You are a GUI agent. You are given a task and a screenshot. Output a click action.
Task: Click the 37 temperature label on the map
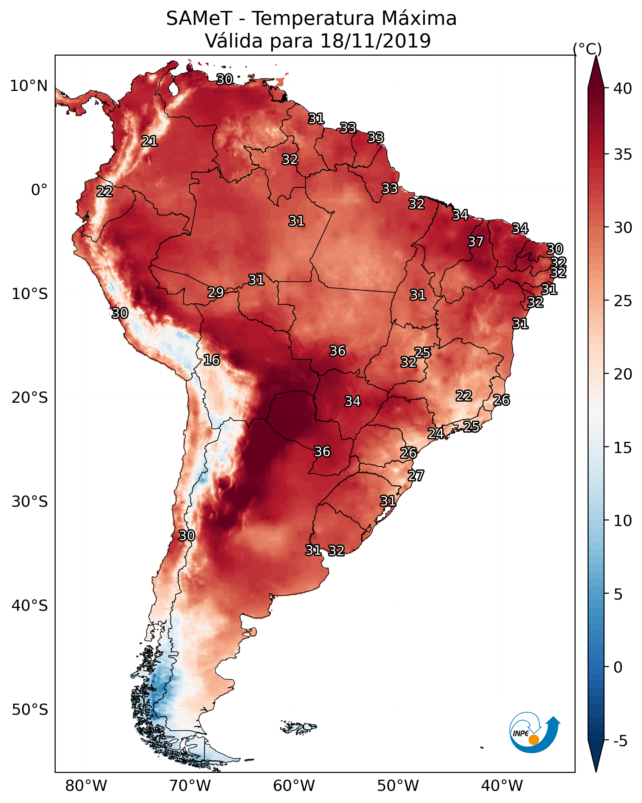coord(476,242)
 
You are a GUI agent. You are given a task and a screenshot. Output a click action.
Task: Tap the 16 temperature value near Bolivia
coord(212,360)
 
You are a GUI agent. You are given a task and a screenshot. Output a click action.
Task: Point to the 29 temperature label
coord(216,293)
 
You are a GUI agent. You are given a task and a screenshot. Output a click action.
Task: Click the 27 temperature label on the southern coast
coord(416,476)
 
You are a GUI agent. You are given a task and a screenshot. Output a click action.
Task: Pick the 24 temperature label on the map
coord(435,433)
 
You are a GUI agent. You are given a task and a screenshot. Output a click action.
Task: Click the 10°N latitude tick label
coord(29,86)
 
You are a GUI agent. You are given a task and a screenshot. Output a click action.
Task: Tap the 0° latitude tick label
coord(39,190)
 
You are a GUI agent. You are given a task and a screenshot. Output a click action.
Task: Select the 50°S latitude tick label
coord(30,710)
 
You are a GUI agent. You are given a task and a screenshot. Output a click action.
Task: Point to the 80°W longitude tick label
coord(86,786)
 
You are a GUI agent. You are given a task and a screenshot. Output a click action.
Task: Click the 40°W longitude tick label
coord(502,786)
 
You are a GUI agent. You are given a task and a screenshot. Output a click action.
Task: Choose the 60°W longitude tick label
coord(294,786)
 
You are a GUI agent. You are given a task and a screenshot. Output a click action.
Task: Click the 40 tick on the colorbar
coord(623,88)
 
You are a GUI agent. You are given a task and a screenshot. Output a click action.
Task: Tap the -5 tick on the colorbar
coord(620,741)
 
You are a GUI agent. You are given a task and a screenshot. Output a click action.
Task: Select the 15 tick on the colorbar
coord(623,448)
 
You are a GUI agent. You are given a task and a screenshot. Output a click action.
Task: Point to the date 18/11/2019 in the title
coord(375,41)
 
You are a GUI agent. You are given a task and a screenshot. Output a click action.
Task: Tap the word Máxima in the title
coord(418,19)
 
